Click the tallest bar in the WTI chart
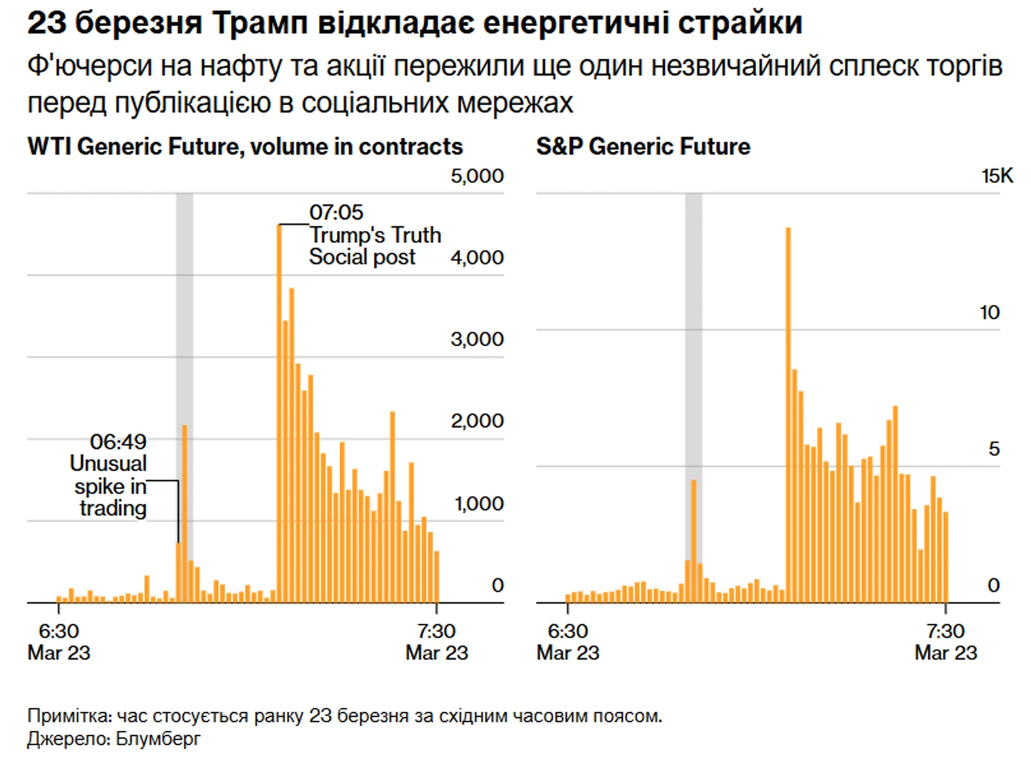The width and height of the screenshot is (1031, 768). [x=279, y=412]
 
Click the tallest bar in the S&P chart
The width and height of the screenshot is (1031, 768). [x=788, y=412]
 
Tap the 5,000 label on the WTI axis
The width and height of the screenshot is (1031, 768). [x=477, y=176]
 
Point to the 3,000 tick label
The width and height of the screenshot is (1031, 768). [x=477, y=339]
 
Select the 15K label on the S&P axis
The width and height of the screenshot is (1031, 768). [x=997, y=176]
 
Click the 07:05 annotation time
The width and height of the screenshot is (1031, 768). [x=336, y=212]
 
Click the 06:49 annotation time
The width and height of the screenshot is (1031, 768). [x=118, y=442]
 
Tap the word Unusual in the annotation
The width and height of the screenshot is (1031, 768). [x=109, y=464]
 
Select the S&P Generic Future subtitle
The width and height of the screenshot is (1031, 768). [x=643, y=146]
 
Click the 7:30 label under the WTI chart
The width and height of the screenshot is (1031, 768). [x=436, y=631]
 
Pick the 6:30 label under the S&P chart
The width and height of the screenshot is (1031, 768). [x=568, y=631]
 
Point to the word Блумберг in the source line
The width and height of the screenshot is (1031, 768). [x=158, y=738]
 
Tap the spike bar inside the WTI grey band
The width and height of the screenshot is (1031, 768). [x=184, y=515]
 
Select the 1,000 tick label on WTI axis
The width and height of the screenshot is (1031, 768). [x=479, y=504]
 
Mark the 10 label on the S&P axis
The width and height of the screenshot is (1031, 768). [x=989, y=313]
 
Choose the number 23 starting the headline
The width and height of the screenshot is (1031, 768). [x=46, y=23]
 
